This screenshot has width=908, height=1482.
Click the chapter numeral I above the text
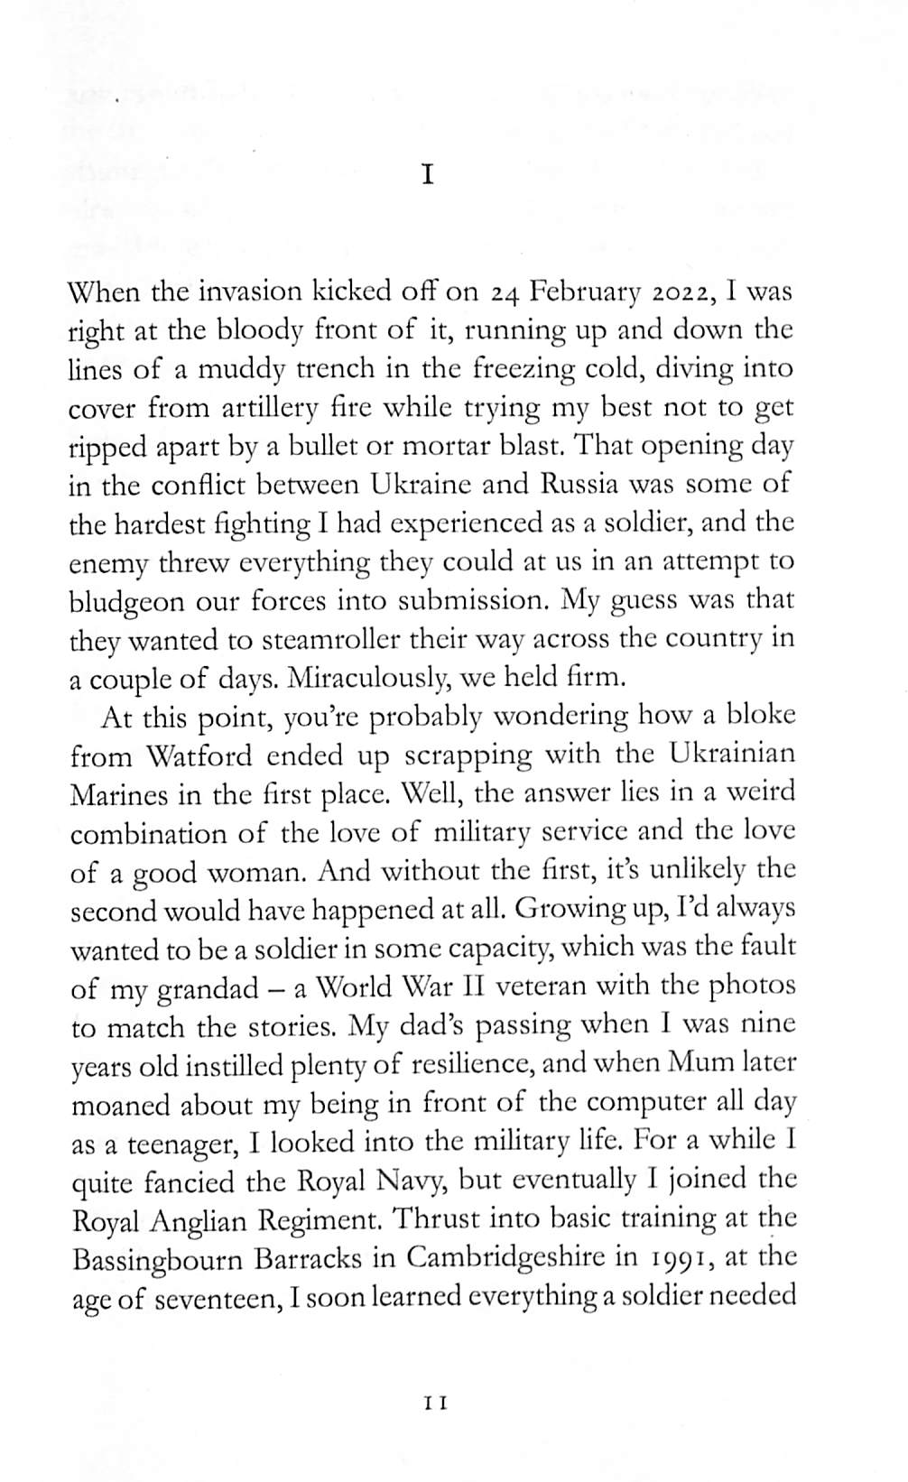click(429, 175)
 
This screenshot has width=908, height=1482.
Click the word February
click(587, 292)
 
